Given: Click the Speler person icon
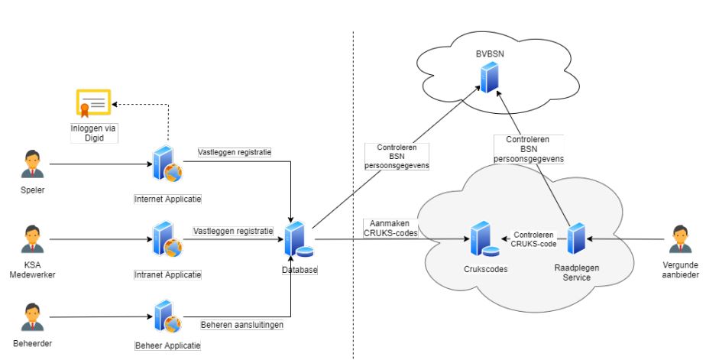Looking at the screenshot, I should pyautogui.click(x=32, y=164).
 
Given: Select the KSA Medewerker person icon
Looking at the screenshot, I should pyautogui.click(x=32, y=238).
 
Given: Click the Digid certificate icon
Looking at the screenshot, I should pyautogui.click(x=92, y=105).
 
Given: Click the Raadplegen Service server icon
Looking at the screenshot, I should pyautogui.click(x=576, y=239).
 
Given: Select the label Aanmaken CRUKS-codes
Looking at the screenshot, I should pyautogui.click(x=390, y=228).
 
